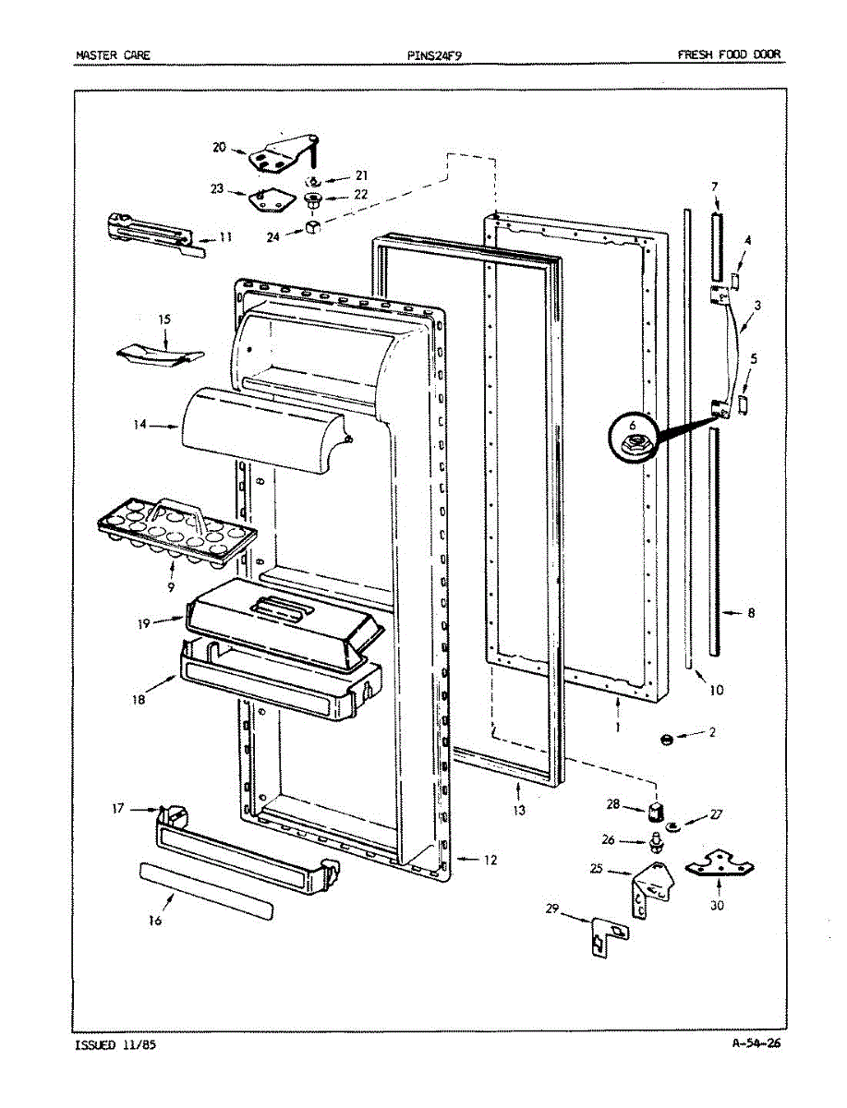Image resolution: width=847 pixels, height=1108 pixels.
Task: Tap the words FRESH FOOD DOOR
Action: click(729, 54)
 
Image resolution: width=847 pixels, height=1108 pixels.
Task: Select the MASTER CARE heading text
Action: click(113, 54)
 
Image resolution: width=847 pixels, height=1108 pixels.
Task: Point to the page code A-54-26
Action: click(756, 1044)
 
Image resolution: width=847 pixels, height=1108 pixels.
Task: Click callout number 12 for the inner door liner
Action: click(490, 860)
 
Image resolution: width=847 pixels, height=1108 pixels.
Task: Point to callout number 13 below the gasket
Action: click(520, 811)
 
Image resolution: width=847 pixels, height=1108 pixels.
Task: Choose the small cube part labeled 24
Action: click(313, 227)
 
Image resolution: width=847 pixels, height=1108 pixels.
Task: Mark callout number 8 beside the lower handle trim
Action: click(750, 612)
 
